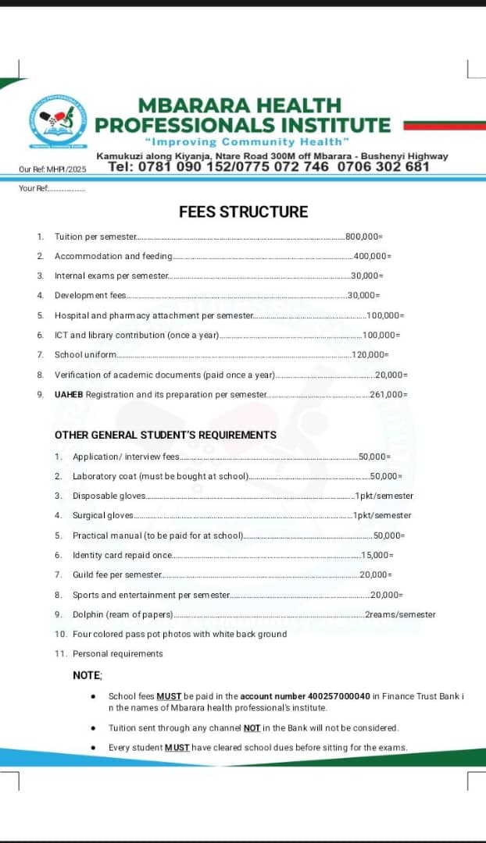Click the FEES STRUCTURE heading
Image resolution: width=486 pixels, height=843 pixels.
[243, 212]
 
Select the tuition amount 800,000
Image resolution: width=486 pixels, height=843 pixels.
[364, 237]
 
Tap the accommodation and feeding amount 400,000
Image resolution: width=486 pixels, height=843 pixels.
[372, 256]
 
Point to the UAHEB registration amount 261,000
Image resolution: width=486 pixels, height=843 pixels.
[388, 395]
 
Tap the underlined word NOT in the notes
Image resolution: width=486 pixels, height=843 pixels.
[251, 728]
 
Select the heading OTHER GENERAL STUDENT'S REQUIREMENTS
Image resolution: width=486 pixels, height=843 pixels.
[166, 435]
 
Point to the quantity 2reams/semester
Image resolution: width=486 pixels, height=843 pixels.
[400, 614]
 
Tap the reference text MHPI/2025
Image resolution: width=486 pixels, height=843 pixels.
[66, 169]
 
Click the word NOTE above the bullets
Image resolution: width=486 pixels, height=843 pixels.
[88, 675]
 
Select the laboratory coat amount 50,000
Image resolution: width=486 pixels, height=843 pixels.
[386, 476]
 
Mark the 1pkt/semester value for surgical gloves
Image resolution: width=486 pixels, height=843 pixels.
[382, 515]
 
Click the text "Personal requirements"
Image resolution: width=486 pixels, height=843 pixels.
[118, 654]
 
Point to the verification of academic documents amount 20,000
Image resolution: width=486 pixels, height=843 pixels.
[391, 375]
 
